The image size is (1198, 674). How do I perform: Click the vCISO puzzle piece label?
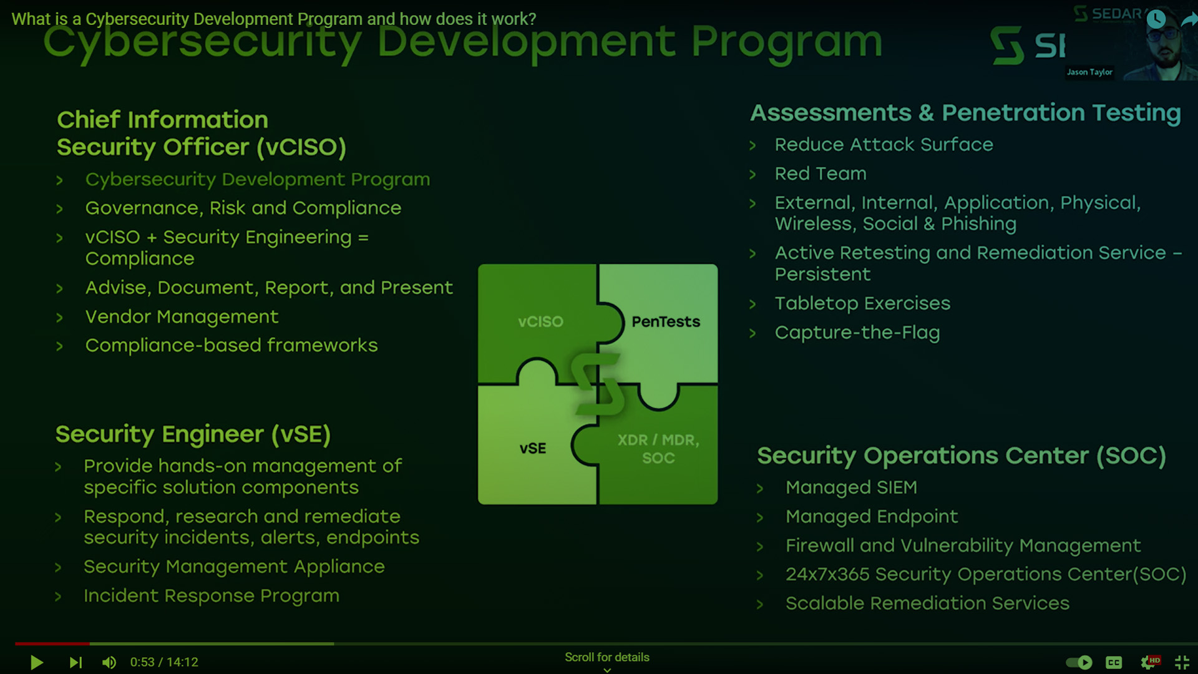tap(540, 321)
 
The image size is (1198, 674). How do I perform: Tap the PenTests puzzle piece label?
tap(666, 321)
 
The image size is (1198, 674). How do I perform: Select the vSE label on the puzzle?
tap(532, 448)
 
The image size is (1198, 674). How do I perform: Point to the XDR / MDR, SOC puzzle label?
tap(658, 448)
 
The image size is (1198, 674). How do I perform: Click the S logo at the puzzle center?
tap(598, 384)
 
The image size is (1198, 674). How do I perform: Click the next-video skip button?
tap(75, 662)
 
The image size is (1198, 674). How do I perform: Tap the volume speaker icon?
tap(109, 662)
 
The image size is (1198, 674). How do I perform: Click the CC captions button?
tap(1114, 662)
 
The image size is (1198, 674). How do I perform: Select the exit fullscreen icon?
tap(1182, 662)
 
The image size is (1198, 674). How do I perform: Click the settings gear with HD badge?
tap(1149, 662)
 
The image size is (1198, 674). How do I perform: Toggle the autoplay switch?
tap(1079, 662)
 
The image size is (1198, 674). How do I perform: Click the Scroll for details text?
tap(606, 657)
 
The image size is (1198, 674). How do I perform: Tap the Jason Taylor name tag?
tap(1089, 72)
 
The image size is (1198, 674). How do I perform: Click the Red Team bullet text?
tap(820, 173)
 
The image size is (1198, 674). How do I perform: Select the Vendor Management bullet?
tap(182, 316)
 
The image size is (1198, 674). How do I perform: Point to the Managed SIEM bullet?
tap(851, 487)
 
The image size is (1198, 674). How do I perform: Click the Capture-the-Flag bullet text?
tap(857, 333)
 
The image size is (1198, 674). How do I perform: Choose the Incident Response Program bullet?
tap(212, 596)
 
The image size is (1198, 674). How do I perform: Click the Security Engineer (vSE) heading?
tap(193, 434)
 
